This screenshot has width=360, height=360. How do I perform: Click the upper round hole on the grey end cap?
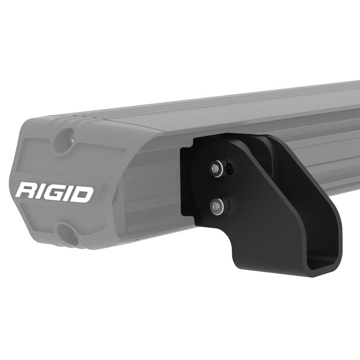[x=67, y=141]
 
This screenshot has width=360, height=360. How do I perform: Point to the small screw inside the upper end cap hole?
[x=72, y=137]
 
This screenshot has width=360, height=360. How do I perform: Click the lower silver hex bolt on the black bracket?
[x=217, y=206]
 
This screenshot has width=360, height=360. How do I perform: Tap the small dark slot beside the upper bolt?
[x=230, y=168]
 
